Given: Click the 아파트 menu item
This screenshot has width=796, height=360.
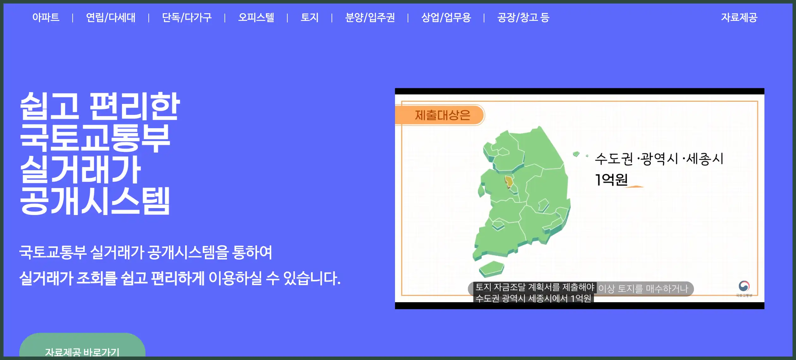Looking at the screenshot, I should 46,17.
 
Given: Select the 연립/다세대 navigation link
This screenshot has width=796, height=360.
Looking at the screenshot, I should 111,17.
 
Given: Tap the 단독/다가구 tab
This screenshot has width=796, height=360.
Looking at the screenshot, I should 187,17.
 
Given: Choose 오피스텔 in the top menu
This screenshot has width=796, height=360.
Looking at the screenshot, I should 256,17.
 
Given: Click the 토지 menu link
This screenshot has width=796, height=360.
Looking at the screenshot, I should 309,17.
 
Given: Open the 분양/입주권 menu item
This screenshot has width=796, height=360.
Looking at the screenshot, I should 370,17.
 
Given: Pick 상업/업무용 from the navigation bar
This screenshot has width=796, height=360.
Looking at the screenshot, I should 446,17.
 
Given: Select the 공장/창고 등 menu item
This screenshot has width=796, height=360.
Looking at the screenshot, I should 523,17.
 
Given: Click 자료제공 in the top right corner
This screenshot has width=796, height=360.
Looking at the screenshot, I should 739,17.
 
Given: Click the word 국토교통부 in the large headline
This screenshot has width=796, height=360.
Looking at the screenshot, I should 95,138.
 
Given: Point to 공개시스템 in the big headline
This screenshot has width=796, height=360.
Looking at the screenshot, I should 95,201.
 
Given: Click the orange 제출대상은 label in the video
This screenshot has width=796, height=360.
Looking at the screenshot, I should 442,115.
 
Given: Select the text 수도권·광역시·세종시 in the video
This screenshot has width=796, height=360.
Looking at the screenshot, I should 659,159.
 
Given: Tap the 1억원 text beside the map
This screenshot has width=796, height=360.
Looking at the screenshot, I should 611,180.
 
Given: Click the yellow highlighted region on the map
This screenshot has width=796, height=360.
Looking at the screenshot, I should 508,182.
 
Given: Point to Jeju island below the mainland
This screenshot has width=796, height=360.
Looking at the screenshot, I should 491,269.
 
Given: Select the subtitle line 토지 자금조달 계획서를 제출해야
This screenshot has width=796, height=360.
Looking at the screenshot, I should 535,287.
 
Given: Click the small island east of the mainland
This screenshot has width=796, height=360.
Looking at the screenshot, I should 576,154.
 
